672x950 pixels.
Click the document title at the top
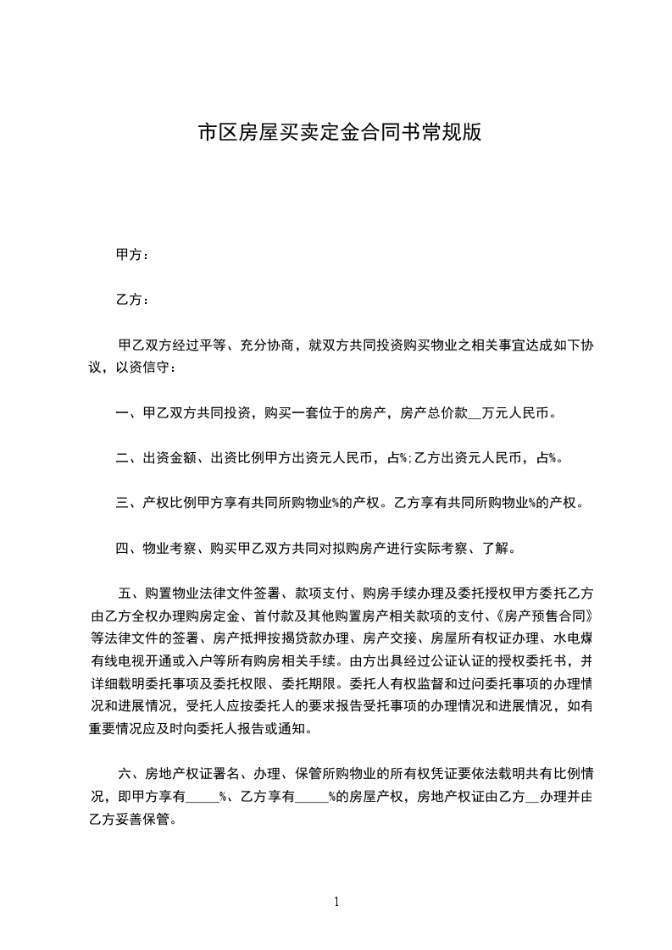339,133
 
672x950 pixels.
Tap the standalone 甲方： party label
133,255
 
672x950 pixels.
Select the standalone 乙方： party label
133,300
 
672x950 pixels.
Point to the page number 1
336,902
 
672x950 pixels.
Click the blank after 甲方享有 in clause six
202,796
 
